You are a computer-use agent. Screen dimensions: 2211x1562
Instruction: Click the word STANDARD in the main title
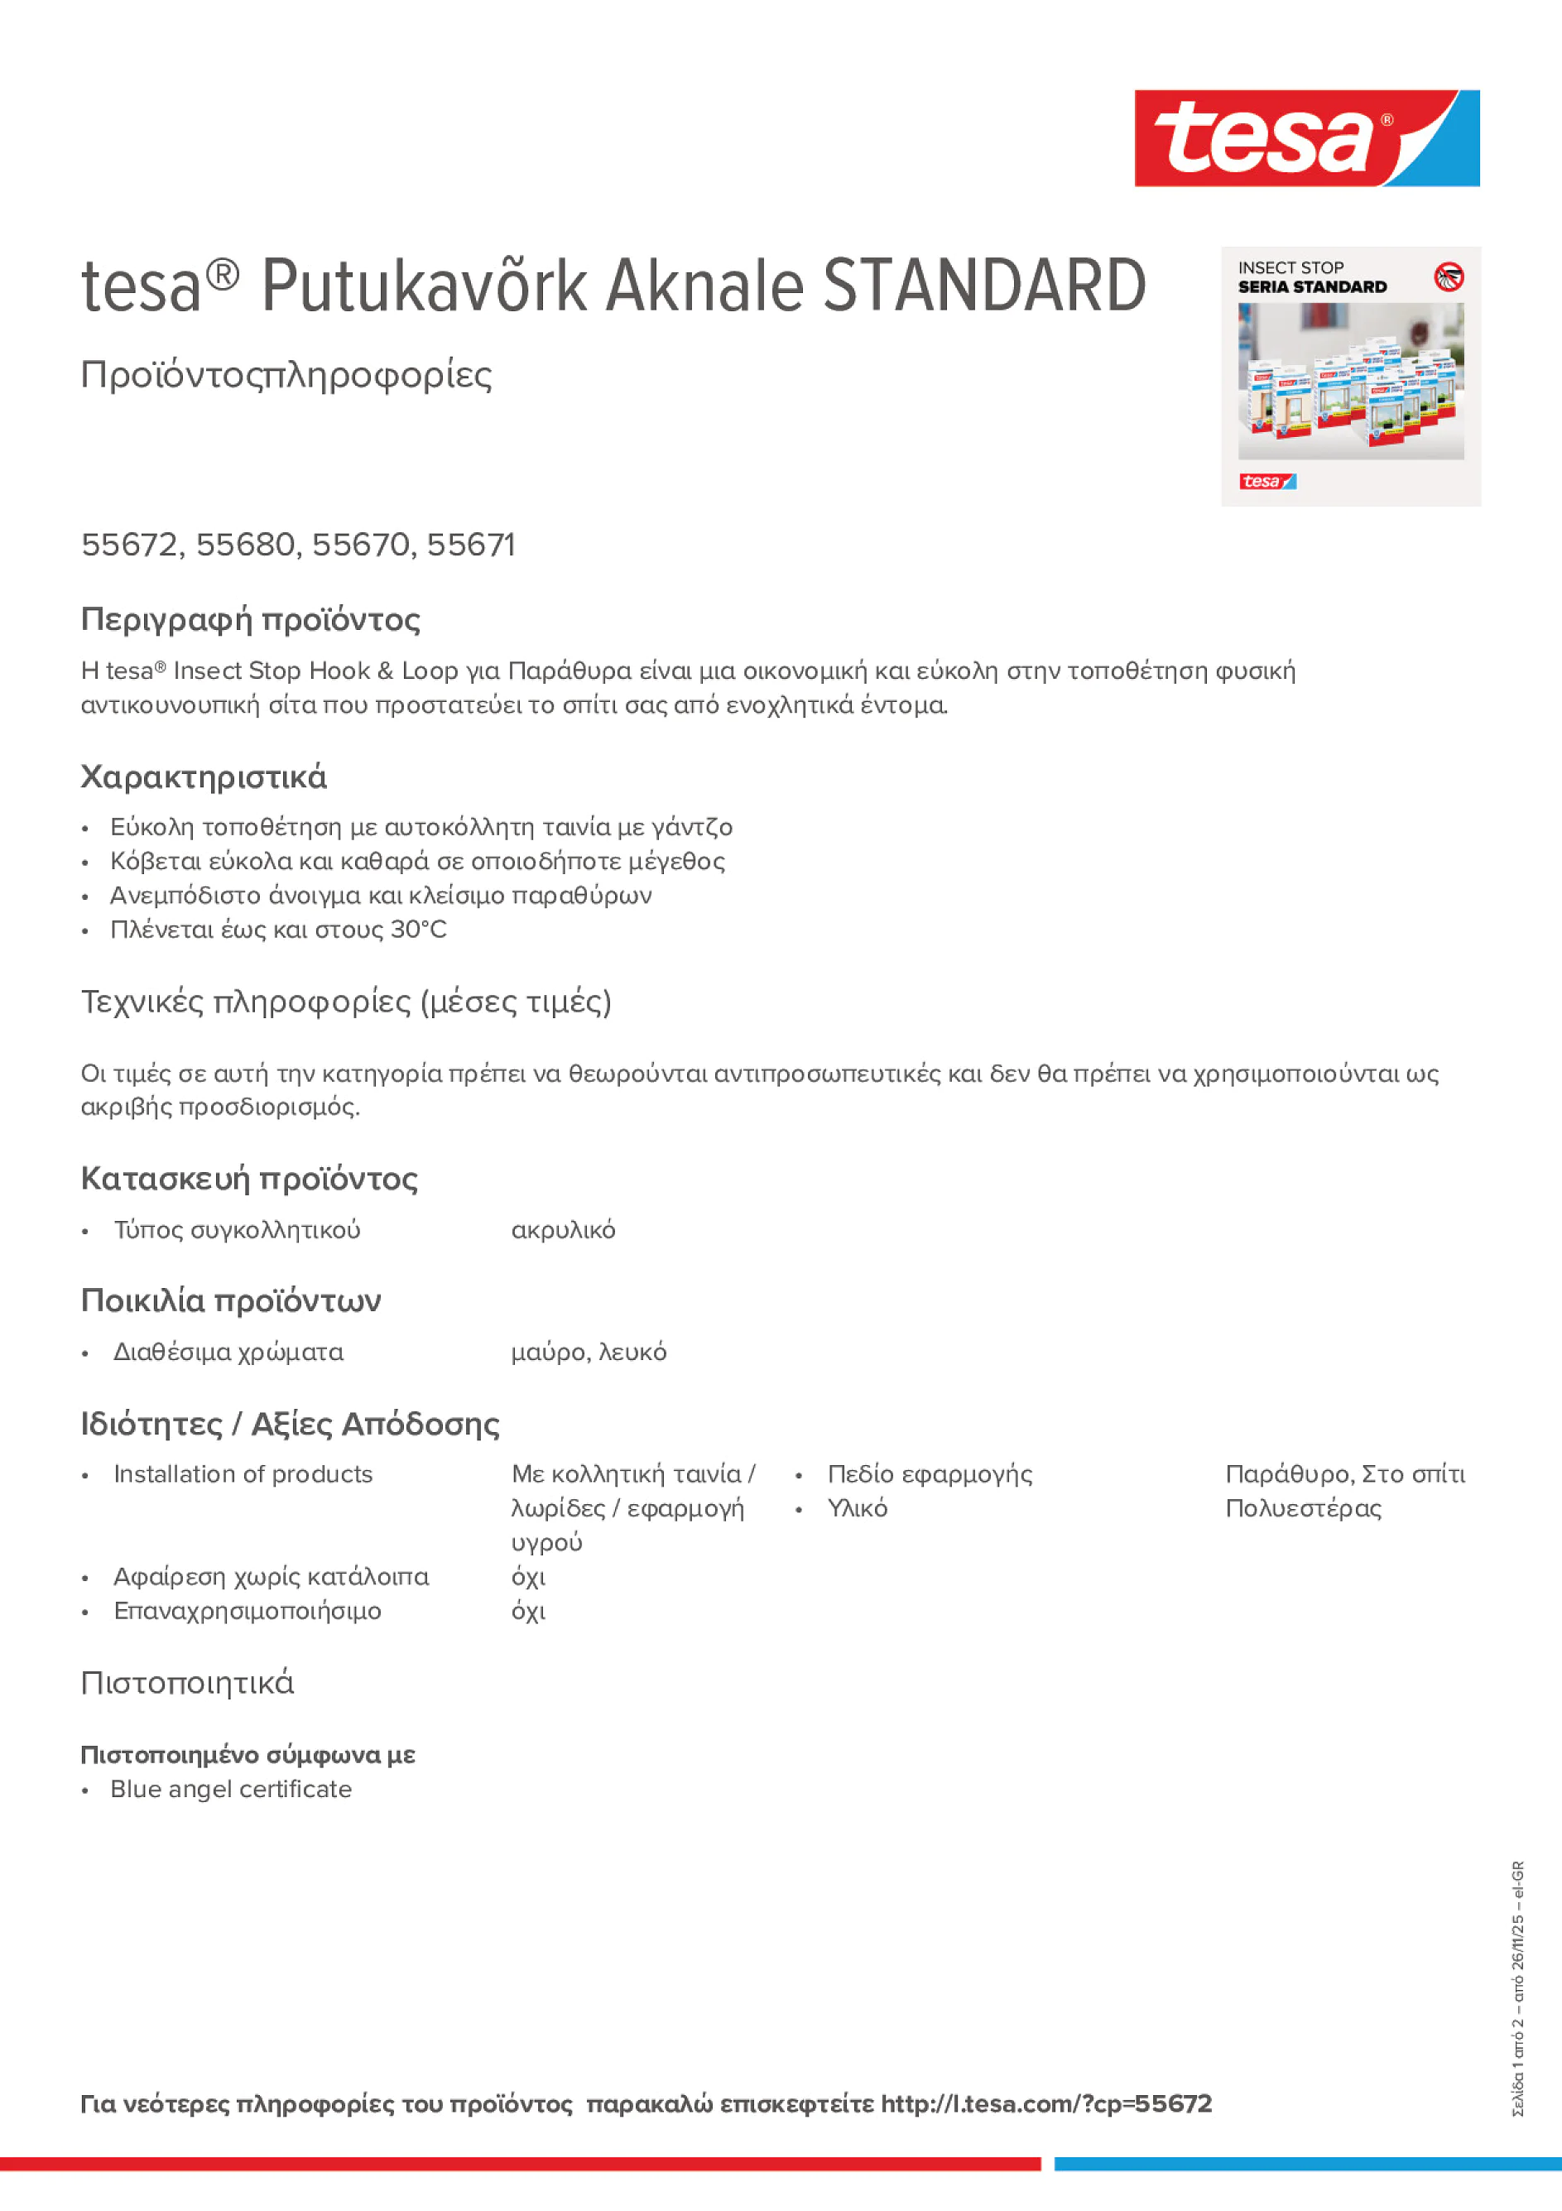(x=984, y=286)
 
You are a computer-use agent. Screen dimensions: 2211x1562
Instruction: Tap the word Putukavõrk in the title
(x=425, y=286)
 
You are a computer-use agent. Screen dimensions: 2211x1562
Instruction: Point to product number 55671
(x=471, y=545)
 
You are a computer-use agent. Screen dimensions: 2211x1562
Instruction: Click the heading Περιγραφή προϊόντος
(x=250, y=619)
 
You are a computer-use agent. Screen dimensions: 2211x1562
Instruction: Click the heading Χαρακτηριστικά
(x=203, y=777)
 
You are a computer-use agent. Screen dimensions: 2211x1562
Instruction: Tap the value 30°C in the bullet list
(x=418, y=930)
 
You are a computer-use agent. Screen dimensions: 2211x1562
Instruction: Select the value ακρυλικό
(x=562, y=1230)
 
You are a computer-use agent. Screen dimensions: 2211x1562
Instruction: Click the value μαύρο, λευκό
(x=588, y=1352)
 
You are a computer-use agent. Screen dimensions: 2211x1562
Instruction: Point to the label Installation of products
(x=243, y=1473)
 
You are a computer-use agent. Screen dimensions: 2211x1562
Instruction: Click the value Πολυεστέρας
(x=1302, y=1508)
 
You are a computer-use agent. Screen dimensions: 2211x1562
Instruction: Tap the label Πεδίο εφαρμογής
(x=930, y=1473)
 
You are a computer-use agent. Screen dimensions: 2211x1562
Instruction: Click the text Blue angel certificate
(x=231, y=1788)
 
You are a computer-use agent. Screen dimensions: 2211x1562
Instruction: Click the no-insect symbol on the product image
(x=1449, y=277)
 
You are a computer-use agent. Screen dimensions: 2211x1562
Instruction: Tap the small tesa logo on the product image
(x=1266, y=482)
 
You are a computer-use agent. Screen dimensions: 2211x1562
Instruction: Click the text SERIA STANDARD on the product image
(x=1312, y=287)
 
